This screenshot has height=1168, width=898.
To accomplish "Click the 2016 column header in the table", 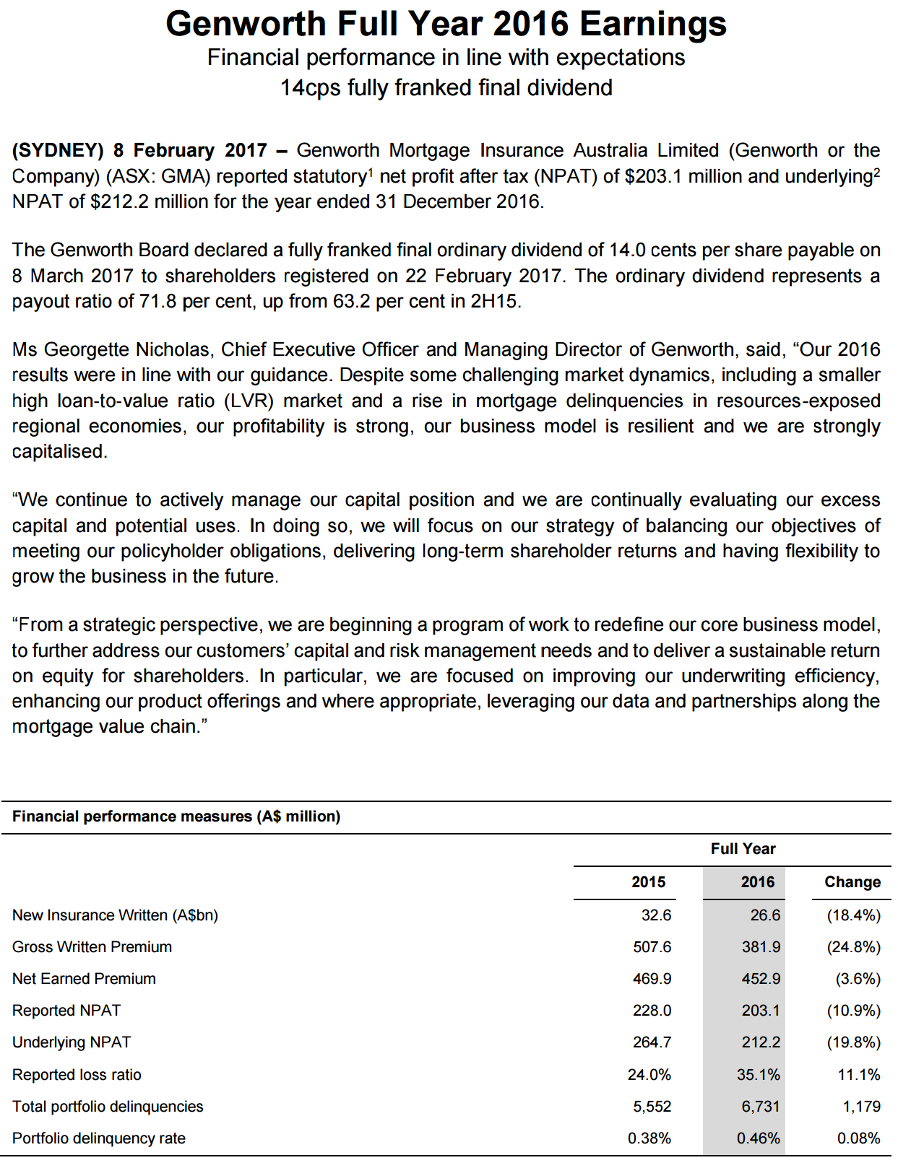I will click(x=757, y=881).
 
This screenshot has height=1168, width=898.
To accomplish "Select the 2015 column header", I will click(x=648, y=881).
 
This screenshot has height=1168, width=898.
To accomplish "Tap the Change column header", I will click(x=852, y=881).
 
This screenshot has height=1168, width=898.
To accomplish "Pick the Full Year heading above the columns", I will click(x=743, y=848).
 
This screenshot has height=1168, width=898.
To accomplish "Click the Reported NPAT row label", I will click(x=66, y=1010).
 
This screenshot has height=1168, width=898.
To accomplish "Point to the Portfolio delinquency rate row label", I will click(x=99, y=1138).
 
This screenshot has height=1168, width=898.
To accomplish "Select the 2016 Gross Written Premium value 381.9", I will click(x=761, y=946).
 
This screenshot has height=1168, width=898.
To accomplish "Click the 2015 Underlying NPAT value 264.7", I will click(x=652, y=1042).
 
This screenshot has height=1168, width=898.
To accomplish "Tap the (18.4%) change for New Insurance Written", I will click(x=853, y=915).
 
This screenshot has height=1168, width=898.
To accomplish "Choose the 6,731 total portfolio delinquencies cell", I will click(x=761, y=1106).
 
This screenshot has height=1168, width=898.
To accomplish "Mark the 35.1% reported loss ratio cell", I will click(x=758, y=1074).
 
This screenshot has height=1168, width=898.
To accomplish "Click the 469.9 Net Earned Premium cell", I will click(x=652, y=978).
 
